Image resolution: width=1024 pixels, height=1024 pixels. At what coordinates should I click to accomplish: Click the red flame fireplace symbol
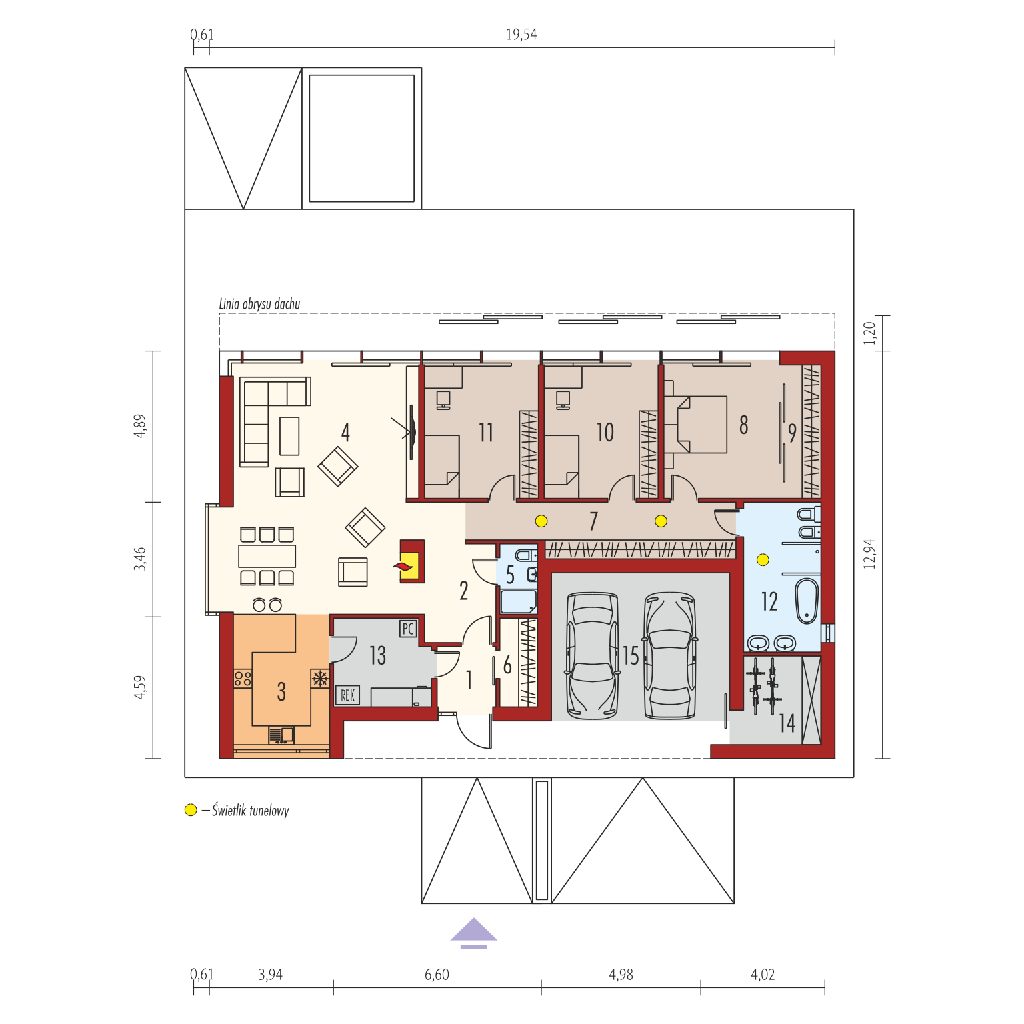pos(403,567)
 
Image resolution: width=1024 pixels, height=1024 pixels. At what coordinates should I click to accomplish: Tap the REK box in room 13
pos(347,695)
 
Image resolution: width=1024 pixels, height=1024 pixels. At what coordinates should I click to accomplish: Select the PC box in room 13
pos(408,629)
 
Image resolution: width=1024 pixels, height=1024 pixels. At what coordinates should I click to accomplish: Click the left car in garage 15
pos(592,655)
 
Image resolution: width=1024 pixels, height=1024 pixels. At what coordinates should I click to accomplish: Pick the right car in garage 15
pos(670,655)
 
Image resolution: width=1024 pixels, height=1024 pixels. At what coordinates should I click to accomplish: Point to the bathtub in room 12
pos(807,601)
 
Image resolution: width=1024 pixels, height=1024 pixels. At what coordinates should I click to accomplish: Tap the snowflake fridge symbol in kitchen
pos(320,679)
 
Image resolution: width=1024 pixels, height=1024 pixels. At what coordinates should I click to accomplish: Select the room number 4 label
pos(345,432)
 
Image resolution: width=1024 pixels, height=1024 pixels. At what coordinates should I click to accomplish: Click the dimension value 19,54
pos(521,34)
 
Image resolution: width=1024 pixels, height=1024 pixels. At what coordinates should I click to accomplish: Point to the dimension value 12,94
pos(869,553)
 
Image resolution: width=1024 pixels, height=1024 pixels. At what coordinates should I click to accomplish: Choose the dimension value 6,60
pos(437,974)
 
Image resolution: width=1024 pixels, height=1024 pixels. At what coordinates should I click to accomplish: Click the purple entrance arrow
pos(473,933)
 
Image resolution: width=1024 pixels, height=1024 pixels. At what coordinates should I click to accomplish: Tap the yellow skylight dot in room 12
pos(763,559)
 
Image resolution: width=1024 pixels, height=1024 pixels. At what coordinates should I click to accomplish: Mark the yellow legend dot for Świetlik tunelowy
pos(191,810)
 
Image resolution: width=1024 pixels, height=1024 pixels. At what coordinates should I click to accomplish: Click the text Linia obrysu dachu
pos(259,304)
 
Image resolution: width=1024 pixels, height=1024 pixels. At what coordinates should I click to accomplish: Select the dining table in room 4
pos(267,555)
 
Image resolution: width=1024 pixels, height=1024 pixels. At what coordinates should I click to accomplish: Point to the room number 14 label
pos(787,723)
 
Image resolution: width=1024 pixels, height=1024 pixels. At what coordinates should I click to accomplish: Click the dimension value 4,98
pos(621,974)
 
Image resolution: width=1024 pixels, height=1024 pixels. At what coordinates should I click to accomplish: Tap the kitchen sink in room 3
pos(281,735)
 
